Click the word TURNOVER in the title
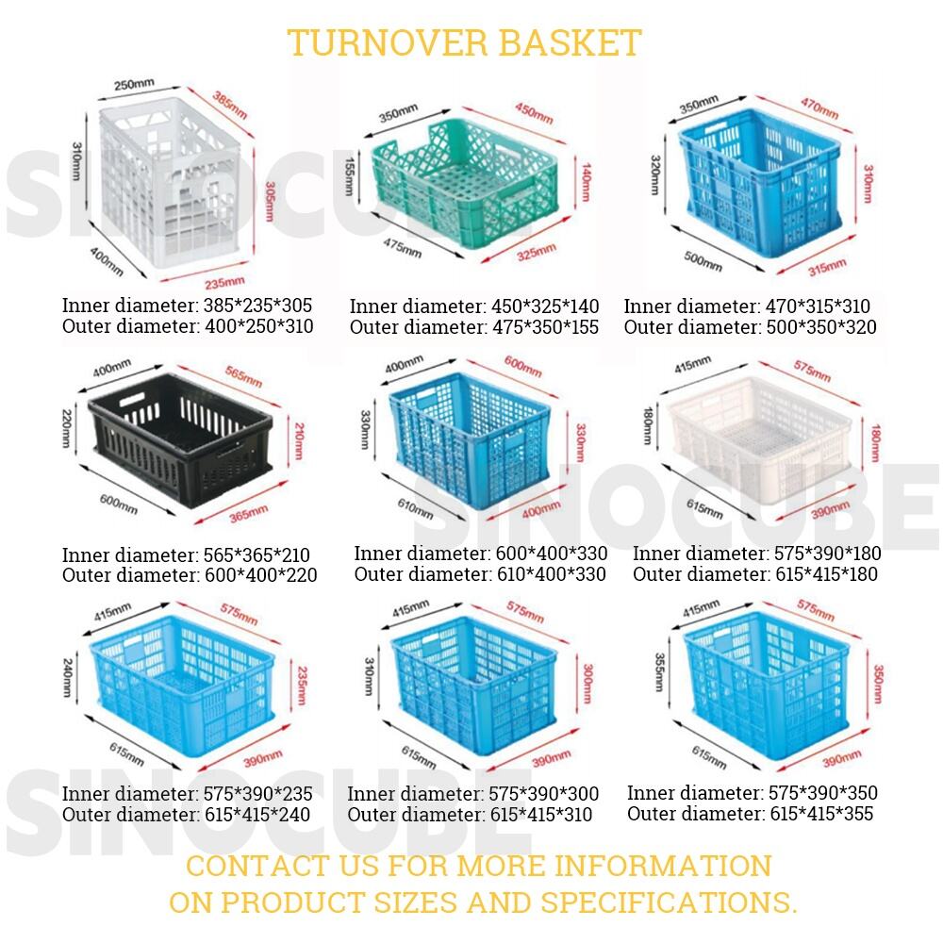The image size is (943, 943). (387, 42)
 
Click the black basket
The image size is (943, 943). (180, 439)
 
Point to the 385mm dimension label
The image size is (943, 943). (230, 105)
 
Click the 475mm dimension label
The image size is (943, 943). (403, 247)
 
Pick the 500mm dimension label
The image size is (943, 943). (703, 261)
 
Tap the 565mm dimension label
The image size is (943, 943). (243, 376)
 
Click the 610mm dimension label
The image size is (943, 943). (415, 508)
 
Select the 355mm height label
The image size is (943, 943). (659, 671)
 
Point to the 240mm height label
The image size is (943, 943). (67, 678)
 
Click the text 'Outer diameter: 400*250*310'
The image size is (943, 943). (188, 326)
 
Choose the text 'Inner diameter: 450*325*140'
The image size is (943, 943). (474, 306)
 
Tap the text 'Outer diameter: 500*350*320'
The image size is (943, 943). (750, 326)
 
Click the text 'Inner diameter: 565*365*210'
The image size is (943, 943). (186, 554)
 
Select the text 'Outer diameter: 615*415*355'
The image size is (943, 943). (750, 814)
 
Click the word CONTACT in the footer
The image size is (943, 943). (258, 867)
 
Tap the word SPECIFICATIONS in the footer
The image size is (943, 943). (669, 902)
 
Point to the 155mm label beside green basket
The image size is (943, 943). (349, 176)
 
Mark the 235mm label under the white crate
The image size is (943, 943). (224, 281)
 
